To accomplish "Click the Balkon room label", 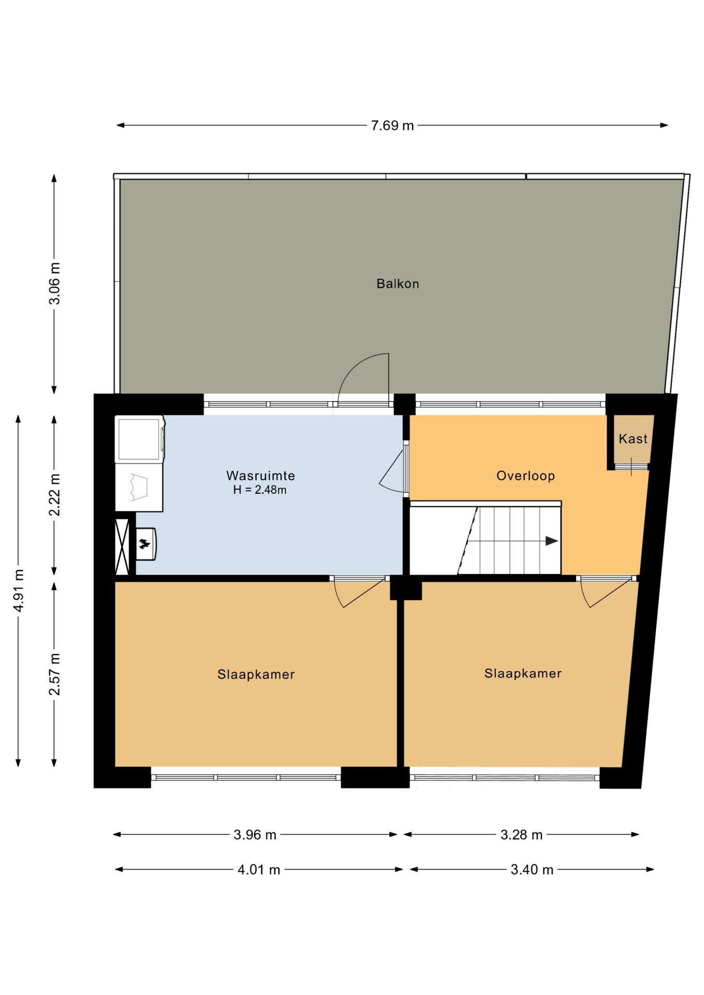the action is click(398, 283).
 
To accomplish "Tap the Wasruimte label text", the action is click(261, 475).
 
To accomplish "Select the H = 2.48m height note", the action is click(260, 490).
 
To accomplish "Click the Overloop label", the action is click(526, 476).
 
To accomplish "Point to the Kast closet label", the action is click(633, 439).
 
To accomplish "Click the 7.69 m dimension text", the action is click(392, 125).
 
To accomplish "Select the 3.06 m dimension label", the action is click(54, 283).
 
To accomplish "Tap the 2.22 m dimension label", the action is click(54, 495).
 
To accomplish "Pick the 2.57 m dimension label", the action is click(54, 674).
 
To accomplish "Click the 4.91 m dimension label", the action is click(19, 590).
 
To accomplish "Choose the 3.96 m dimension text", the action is click(255, 835).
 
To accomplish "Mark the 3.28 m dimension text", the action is click(522, 835).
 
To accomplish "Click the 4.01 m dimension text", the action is click(259, 870).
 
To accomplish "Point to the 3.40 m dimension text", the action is click(532, 870).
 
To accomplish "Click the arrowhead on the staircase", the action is click(552, 541).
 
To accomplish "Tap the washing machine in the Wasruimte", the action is click(139, 439).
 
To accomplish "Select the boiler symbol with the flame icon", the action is click(145, 544).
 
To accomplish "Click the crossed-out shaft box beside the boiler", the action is click(122, 546).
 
